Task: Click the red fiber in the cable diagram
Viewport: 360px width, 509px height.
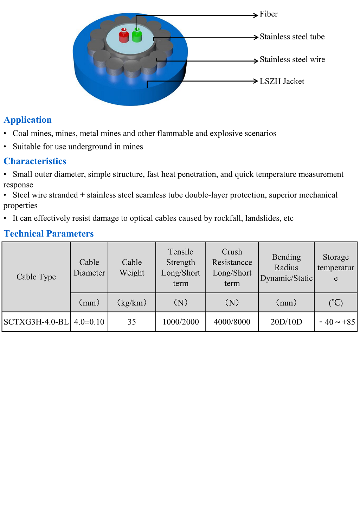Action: [124, 36]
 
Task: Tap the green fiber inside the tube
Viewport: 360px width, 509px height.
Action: [137, 36]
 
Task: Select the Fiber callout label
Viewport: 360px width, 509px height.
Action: [269, 14]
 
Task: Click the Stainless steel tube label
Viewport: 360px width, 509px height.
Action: [292, 37]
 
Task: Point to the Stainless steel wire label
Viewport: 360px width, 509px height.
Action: [292, 60]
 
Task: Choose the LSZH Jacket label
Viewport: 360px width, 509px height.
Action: [282, 82]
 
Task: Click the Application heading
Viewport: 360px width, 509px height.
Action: [28, 120]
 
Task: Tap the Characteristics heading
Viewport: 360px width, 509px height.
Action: [35, 161]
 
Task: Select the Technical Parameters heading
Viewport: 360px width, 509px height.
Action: [49, 234]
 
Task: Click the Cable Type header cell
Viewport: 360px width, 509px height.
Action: [36, 277]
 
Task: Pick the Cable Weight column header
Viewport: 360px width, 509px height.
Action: [132, 268]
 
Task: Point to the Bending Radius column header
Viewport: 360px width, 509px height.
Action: [286, 268]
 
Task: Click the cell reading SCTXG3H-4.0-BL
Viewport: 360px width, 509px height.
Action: [36, 322]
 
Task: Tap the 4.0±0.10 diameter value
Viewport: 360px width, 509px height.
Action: [89, 322]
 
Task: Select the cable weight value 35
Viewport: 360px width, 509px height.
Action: [132, 322]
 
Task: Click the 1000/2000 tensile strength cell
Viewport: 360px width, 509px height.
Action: [181, 322]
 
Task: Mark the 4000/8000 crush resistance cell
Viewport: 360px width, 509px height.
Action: [232, 322]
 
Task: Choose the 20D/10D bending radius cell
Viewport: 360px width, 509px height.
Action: [286, 322]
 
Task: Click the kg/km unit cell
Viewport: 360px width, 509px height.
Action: [132, 303]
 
